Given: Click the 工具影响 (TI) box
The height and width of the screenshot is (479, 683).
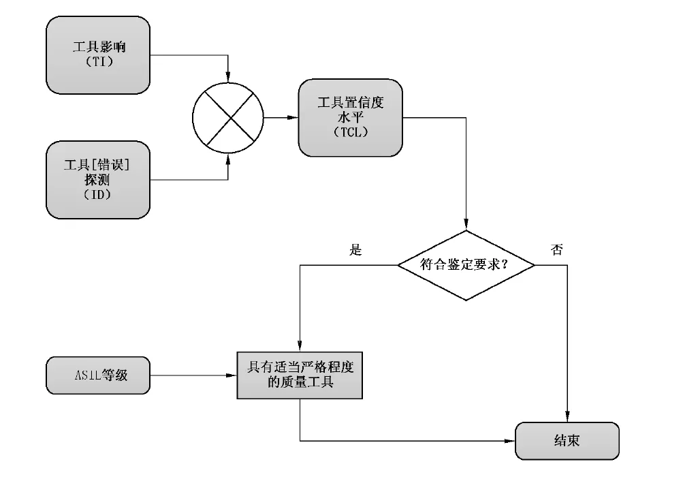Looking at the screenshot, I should click(x=98, y=55).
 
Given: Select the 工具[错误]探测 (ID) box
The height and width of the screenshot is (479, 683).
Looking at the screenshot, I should click(x=97, y=180).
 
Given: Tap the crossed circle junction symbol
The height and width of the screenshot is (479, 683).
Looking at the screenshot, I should click(x=228, y=118).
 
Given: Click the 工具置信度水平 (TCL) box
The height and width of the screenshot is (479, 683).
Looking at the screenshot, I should click(x=351, y=117).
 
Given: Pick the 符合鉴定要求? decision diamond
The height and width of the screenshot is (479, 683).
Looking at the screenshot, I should click(x=466, y=265).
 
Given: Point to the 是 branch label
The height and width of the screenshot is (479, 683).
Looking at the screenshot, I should click(x=355, y=250).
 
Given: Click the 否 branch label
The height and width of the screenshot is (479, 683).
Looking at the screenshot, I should click(x=556, y=250).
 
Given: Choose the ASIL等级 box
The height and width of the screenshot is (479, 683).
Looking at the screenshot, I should click(x=98, y=375).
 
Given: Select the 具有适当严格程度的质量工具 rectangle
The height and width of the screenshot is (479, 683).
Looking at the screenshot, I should click(x=300, y=375).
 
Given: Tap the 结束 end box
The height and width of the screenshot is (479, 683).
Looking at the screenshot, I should click(x=567, y=440).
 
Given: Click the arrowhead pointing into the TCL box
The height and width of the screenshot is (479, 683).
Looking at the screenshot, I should click(x=293, y=118).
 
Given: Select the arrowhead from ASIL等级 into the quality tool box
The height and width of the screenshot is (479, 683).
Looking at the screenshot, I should click(x=232, y=375).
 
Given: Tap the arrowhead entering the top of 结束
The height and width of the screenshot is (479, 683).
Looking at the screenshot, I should click(x=567, y=418).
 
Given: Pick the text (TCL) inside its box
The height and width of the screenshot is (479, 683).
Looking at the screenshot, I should click(x=351, y=132).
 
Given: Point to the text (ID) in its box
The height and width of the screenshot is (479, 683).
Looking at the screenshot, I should click(x=98, y=195).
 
